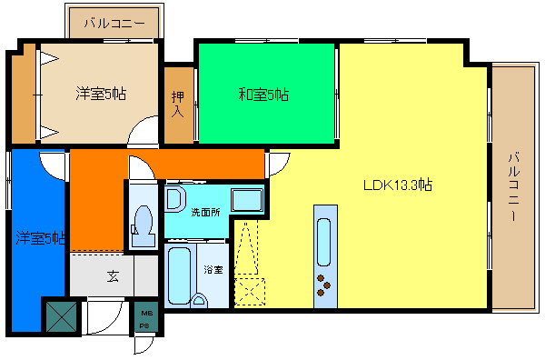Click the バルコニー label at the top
(x=113, y=25)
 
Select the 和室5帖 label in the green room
(x=264, y=94)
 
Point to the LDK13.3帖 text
(x=397, y=185)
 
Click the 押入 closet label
(x=178, y=105)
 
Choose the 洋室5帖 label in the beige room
(x=100, y=92)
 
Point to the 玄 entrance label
(x=113, y=277)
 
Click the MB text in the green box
(x=145, y=314)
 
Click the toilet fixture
(x=143, y=221)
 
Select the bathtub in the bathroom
(x=180, y=275)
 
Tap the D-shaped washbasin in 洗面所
(x=176, y=198)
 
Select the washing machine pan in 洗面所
(x=245, y=199)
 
